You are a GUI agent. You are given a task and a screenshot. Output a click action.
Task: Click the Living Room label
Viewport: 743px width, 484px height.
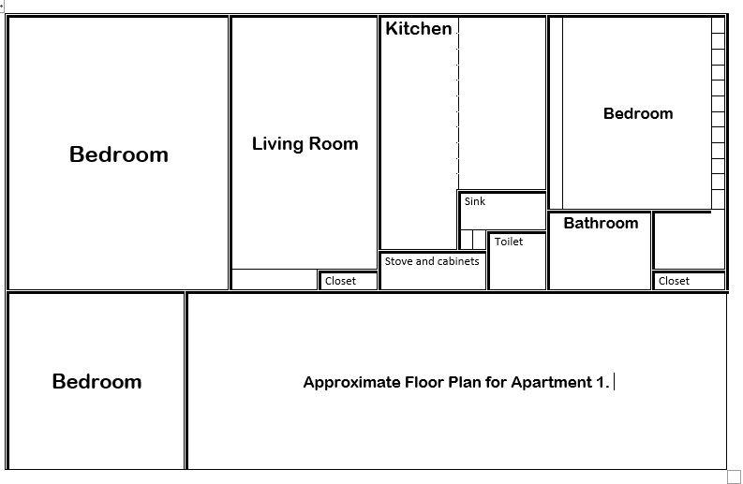(305, 144)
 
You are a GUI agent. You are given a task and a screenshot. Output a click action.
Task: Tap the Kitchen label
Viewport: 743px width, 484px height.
(418, 29)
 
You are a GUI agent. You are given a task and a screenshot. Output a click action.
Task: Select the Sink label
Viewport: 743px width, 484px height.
(475, 201)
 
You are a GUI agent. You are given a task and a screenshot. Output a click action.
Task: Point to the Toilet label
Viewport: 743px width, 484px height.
(509, 242)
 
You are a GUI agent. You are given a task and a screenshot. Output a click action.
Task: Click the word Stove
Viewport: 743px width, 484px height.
(399, 261)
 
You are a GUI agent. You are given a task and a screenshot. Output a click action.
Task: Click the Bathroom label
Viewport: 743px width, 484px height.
(601, 224)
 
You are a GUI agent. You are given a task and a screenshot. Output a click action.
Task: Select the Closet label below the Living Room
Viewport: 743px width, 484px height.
(340, 281)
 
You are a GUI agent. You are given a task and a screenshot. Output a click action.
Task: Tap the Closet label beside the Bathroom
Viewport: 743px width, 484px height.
(674, 281)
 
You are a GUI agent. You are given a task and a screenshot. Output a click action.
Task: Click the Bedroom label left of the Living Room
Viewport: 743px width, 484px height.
(119, 154)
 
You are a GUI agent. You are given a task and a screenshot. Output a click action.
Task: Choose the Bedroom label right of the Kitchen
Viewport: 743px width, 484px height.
(638, 114)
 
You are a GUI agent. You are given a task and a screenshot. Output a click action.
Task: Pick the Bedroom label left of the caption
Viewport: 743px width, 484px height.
(97, 382)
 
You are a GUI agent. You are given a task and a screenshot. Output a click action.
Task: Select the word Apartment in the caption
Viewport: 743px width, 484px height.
(551, 383)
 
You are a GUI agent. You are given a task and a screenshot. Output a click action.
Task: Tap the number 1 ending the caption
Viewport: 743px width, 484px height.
(602, 383)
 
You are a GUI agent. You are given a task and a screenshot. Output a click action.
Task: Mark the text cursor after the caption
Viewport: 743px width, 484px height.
(615, 382)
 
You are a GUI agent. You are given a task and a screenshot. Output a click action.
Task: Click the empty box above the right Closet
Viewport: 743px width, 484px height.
(689, 242)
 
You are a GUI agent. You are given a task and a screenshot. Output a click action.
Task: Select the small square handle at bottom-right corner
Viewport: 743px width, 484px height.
(734, 477)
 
